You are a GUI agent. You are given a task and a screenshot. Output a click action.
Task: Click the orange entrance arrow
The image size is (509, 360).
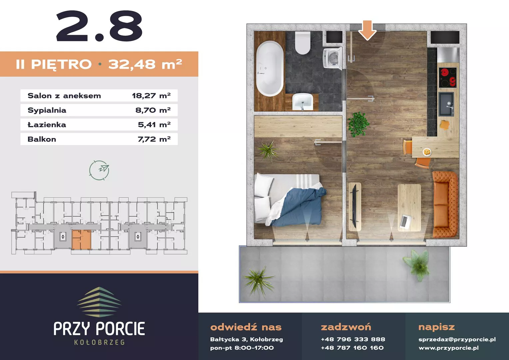pos(367,30)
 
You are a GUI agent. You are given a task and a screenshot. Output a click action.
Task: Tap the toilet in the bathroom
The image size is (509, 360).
pos(302,43)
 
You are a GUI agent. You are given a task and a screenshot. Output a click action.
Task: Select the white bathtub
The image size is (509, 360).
pos(270,68)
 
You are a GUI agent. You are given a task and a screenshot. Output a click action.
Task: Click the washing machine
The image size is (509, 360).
pos(332,58)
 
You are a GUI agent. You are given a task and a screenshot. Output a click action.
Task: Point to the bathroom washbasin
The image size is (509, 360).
pos(302,102)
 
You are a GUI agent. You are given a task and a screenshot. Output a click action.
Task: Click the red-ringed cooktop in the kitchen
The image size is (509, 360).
pos(447,78)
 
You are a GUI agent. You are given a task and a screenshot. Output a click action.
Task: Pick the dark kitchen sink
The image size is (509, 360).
pos(446,104)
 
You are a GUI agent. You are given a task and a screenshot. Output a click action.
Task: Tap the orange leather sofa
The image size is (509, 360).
pos(445,204)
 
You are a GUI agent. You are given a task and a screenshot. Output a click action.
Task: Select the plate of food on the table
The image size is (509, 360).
pos(427,152)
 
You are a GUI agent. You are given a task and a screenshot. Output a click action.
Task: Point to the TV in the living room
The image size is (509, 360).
pos(354,206)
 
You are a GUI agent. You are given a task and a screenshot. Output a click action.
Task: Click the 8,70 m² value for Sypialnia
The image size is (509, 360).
pos(153,110)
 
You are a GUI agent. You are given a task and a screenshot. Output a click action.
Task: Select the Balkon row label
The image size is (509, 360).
pos(42,139)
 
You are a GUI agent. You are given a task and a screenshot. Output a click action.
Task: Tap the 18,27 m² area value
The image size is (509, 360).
pos(151,96)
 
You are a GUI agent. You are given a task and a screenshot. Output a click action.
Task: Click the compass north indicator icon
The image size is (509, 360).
pos(99,170)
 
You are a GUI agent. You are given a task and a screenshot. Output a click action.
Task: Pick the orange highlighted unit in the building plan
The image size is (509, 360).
pos(81,240)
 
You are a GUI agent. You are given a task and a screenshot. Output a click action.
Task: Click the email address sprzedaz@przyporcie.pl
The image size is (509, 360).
pos(457,340)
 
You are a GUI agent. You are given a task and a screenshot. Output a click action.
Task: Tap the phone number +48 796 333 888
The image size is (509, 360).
pos(353,339)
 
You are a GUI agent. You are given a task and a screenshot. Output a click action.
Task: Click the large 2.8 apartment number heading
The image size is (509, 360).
pos(99,26)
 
